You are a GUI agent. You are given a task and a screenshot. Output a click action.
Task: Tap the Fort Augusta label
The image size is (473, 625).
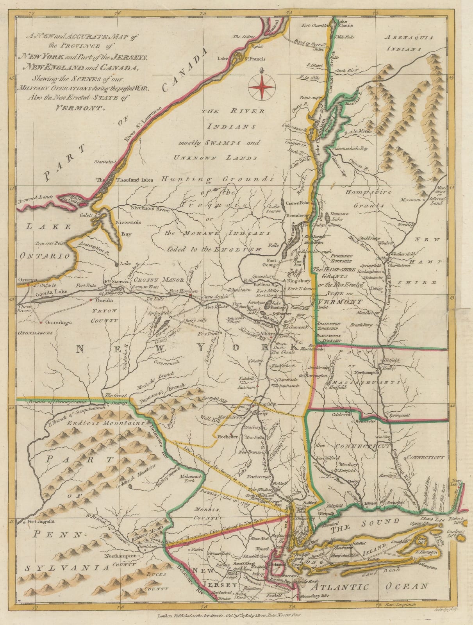pos(40,521)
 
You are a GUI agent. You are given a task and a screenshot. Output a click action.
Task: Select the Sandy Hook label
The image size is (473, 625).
pos(304,581)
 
